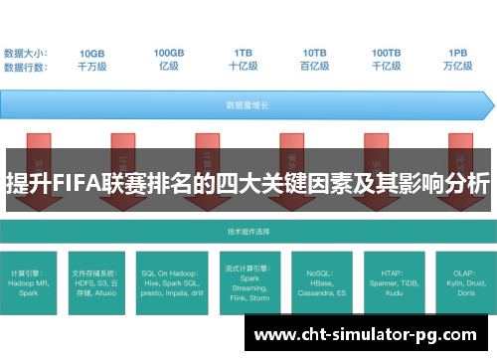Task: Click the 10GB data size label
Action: (x=92, y=52)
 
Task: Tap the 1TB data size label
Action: (x=243, y=52)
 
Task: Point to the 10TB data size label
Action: (x=315, y=52)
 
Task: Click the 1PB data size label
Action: (x=458, y=52)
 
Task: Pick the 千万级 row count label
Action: (x=92, y=66)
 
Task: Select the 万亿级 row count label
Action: (x=458, y=66)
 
